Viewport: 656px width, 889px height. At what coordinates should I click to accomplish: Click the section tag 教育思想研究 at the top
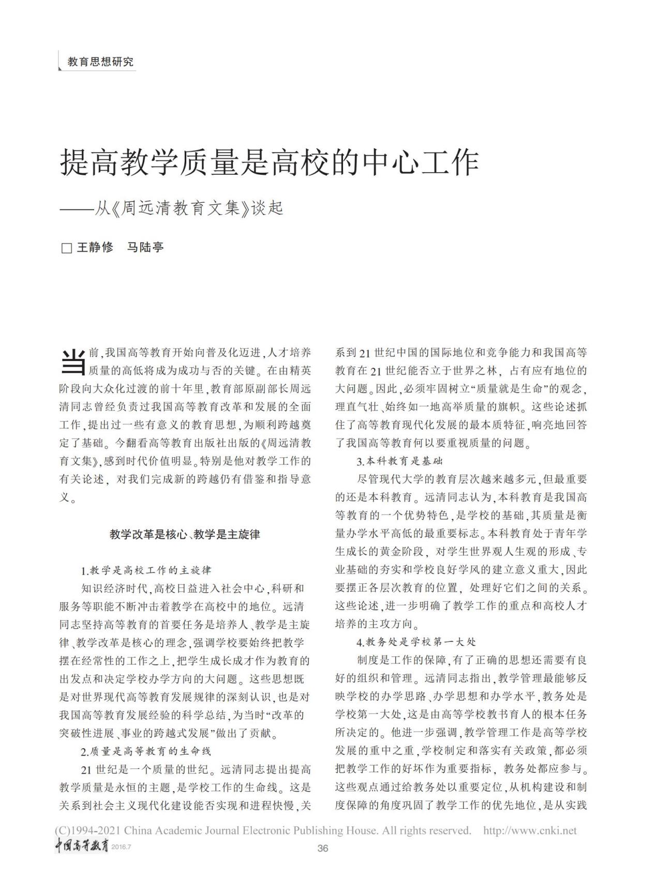click(x=100, y=62)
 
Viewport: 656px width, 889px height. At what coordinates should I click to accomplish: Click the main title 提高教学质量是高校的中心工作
click(x=270, y=163)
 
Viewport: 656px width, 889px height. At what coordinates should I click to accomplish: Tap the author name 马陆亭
click(x=145, y=247)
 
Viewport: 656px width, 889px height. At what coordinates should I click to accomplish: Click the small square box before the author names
click(x=66, y=248)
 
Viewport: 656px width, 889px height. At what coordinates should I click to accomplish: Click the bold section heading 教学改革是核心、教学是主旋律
click(x=185, y=534)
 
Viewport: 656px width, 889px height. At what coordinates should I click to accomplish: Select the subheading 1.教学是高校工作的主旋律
click(x=146, y=570)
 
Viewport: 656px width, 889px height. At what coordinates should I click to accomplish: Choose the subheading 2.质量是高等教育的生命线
click(x=146, y=751)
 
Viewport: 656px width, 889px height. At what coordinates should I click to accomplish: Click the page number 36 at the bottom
click(x=323, y=848)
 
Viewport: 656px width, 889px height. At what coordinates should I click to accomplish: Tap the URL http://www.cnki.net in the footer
click(x=529, y=831)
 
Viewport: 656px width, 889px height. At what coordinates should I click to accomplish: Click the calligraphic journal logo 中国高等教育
click(x=82, y=847)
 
